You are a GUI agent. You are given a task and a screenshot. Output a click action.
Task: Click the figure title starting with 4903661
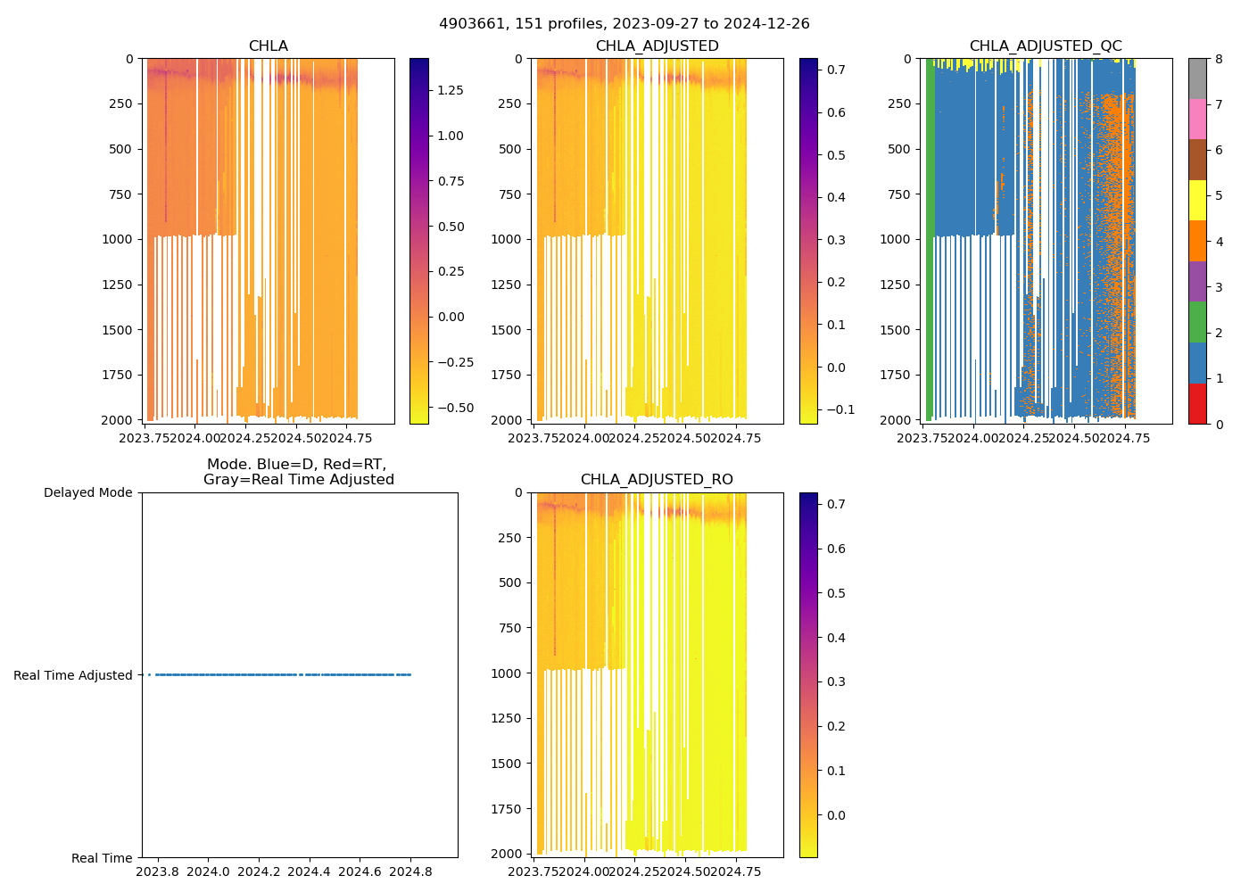pyautogui.click(x=624, y=24)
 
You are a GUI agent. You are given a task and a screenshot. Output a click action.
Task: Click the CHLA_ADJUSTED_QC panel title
pyautogui.click(x=1045, y=46)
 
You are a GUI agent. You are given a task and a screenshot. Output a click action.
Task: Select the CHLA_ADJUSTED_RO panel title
pyautogui.click(x=657, y=480)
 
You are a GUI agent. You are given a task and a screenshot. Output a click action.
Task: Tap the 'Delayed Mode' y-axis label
pyautogui.click(x=87, y=492)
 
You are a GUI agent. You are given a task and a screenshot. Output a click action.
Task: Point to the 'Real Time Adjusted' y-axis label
pyautogui.click(x=72, y=675)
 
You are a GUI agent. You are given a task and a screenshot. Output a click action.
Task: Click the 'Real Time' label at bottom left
pyautogui.click(x=102, y=858)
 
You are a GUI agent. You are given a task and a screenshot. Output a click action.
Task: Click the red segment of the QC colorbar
pyautogui.click(x=1197, y=404)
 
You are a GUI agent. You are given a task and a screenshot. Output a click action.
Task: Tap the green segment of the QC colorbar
pyautogui.click(x=1197, y=322)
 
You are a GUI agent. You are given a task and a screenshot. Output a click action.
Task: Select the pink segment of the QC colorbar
pyautogui.click(x=1197, y=119)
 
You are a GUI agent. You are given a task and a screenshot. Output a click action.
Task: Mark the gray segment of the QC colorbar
pyautogui.click(x=1197, y=78)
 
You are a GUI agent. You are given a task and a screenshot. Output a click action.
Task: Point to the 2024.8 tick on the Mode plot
pyautogui.click(x=412, y=871)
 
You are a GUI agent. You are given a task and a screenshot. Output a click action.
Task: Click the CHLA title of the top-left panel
pyautogui.click(x=268, y=46)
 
